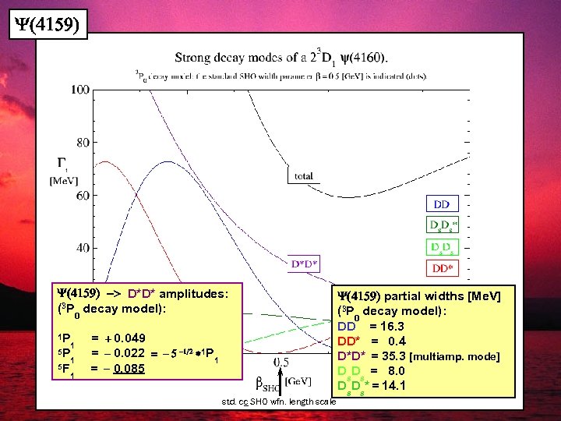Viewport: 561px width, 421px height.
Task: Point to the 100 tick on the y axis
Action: click(x=79, y=90)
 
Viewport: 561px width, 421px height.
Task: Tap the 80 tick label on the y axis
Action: click(x=81, y=143)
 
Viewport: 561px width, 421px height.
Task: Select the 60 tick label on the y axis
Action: click(x=81, y=196)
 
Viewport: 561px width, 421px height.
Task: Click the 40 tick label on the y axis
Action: click(x=81, y=248)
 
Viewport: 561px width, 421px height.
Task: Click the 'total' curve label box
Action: click(x=304, y=176)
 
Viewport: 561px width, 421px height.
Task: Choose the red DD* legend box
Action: click(x=443, y=268)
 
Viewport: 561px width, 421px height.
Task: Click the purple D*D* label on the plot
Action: click(x=305, y=264)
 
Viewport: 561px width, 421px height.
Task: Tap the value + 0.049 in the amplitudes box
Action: click(x=125, y=338)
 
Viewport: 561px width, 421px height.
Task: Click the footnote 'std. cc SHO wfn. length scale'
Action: click(x=279, y=402)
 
